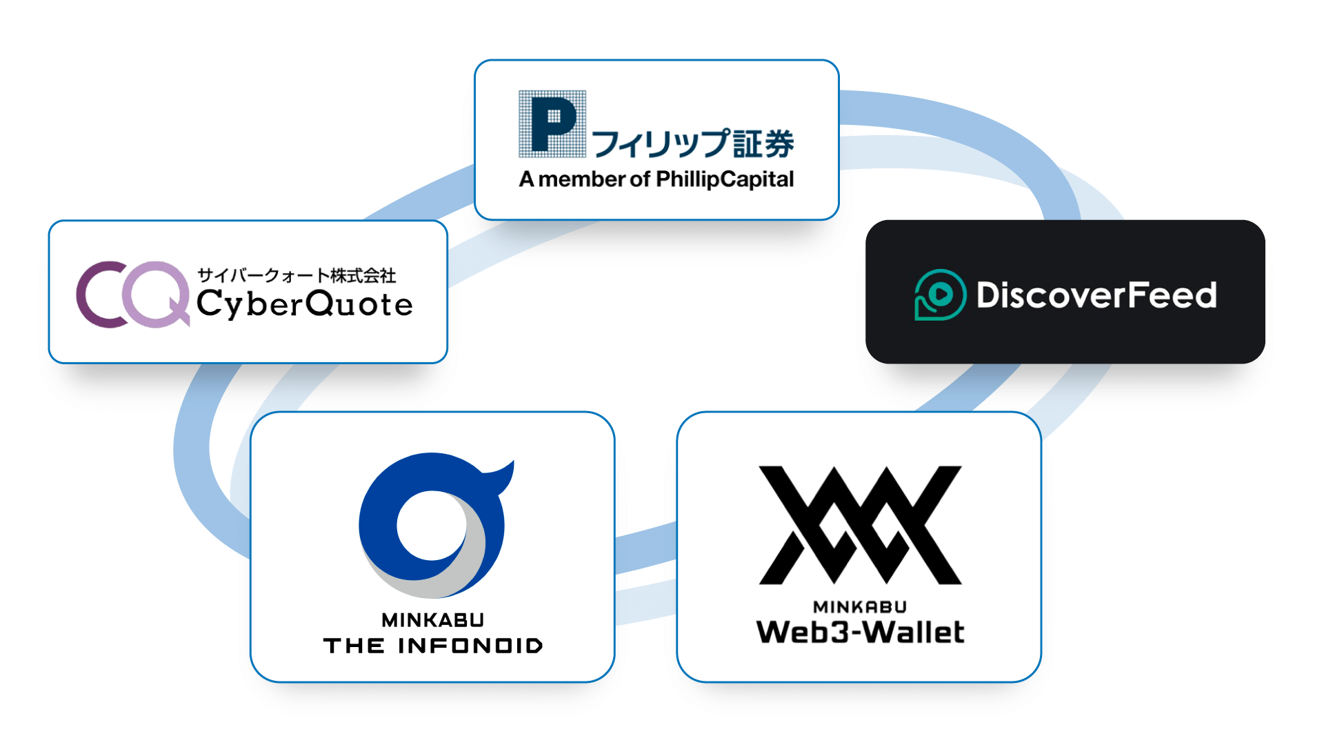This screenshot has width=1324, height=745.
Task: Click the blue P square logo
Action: click(552, 124)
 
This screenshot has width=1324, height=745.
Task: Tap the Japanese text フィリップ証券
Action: click(692, 143)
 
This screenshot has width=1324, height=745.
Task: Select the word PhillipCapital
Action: click(725, 179)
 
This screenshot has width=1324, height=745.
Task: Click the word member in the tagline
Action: click(581, 179)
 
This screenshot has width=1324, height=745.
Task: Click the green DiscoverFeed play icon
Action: click(939, 295)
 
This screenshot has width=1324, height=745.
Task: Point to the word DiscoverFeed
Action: click(1096, 295)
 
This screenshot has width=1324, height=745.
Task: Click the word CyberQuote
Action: click(304, 304)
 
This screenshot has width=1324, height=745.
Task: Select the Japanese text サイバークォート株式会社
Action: click(297, 275)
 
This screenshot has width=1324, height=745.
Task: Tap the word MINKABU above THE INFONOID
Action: click(433, 620)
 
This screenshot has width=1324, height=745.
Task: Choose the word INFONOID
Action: click(470, 646)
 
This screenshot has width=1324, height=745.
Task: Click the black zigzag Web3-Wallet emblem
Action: click(860, 524)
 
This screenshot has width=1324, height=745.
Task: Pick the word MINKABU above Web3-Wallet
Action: click(860, 607)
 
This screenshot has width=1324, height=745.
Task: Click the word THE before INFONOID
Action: click(354, 646)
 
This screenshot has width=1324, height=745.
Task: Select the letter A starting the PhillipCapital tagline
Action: click(527, 179)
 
